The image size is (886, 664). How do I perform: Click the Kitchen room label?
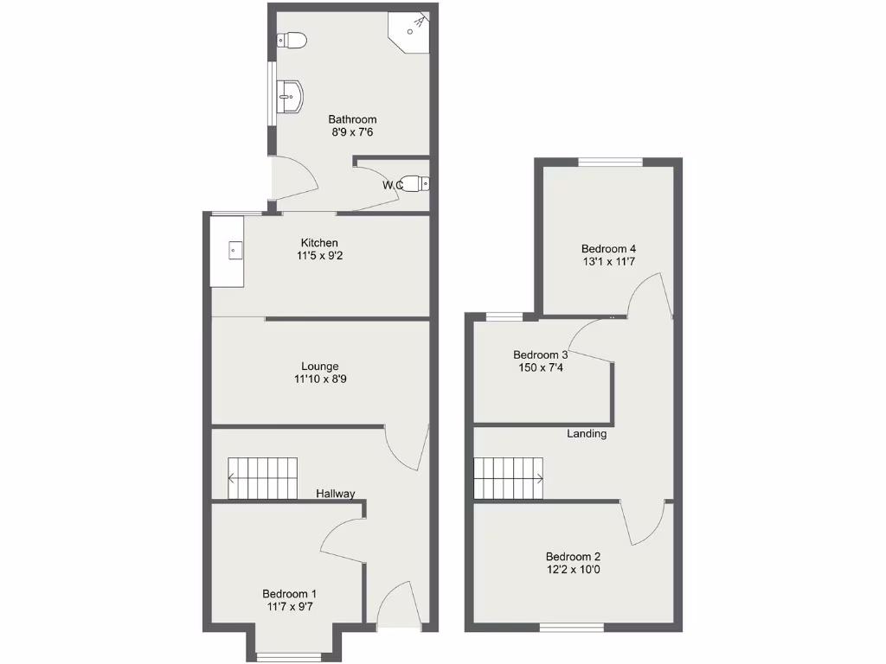point(319,243)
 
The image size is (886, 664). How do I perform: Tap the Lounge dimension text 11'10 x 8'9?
point(320,380)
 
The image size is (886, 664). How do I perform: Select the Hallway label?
point(335,494)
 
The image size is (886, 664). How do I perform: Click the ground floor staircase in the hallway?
point(262,478)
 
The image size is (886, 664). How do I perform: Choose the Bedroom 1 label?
point(289,594)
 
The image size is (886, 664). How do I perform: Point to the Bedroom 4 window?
point(611,162)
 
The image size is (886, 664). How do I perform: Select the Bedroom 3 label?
point(540,354)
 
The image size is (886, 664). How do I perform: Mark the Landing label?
point(587,433)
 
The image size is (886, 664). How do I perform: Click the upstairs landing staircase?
point(509,478)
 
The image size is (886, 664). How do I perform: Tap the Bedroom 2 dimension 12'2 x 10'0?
point(573,570)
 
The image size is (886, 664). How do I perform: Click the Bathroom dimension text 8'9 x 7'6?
point(352,132)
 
